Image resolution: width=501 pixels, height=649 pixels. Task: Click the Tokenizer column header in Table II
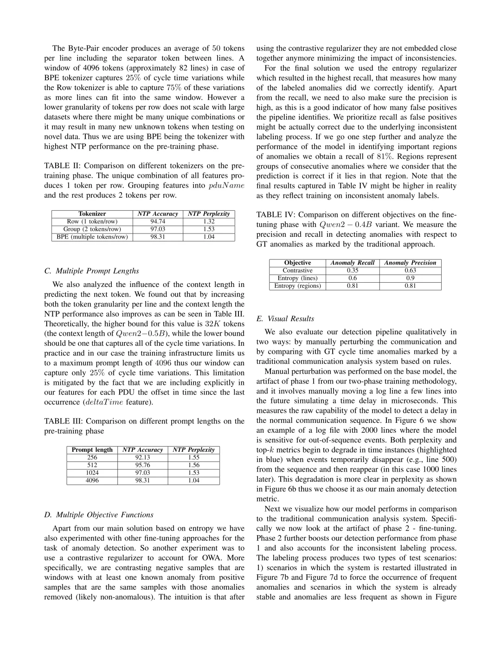[92, 214]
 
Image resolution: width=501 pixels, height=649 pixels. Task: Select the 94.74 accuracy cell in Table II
[158, 221]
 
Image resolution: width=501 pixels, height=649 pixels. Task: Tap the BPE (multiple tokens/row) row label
[92, 237]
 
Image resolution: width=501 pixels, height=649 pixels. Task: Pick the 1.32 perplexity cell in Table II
[209, 221]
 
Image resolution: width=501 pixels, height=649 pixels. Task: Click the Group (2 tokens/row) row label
[92, 229]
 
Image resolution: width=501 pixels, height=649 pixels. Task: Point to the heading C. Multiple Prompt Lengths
[91, 271]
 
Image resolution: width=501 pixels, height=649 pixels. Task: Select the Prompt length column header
[92, 450]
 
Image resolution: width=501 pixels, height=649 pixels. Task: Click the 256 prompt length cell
[92, 457]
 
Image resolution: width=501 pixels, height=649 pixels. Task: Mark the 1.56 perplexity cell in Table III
[193, 465]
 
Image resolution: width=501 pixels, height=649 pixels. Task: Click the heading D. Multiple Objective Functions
[99, 514]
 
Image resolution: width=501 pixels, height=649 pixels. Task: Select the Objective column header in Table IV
[297, 263]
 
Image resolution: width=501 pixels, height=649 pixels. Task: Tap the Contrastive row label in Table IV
[297, 270]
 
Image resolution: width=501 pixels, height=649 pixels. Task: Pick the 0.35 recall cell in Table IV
[353, 270]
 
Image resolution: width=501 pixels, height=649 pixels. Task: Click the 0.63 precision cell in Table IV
[410, 270]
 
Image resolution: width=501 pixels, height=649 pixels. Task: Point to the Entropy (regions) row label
[297, 286]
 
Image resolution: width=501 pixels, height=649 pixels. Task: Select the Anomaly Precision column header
[410, 263]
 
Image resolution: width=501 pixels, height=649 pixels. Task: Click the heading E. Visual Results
[285, 318]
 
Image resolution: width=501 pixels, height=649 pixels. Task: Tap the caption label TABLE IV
[276, 214]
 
